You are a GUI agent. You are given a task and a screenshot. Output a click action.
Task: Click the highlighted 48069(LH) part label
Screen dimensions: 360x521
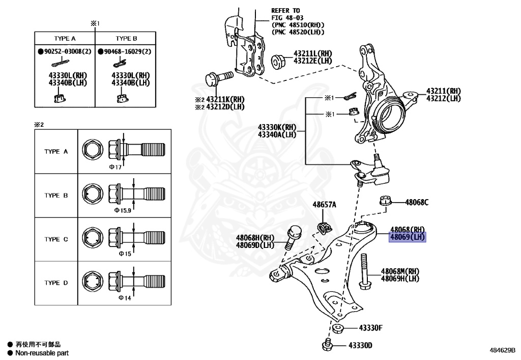407,237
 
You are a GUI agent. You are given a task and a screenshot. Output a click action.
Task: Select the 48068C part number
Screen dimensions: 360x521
417,202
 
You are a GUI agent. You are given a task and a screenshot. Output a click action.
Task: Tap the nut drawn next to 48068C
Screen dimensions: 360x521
385,201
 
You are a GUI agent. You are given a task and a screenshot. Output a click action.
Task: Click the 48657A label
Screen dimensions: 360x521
324,205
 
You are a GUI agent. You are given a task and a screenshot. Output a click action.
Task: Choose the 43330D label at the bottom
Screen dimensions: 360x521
360,346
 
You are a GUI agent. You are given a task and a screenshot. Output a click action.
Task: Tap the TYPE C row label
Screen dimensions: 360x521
56,239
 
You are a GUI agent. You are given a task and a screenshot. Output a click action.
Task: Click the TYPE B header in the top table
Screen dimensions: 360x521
126,38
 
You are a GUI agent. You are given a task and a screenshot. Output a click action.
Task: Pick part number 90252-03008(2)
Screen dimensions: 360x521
67,52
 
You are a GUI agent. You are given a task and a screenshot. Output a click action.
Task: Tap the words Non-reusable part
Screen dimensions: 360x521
42,353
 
